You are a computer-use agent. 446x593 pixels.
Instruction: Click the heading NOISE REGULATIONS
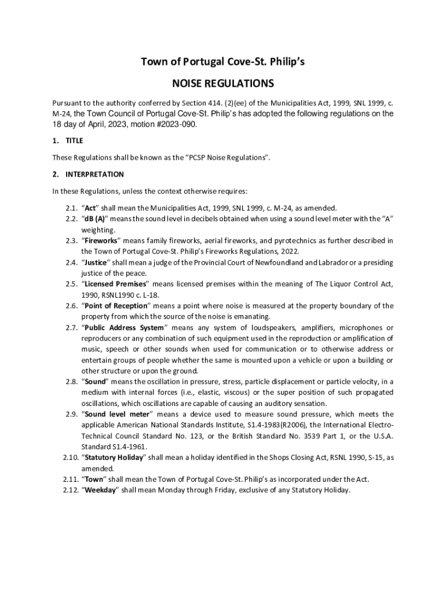point(222,84)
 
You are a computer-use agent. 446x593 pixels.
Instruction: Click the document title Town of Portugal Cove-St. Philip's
point(222,62)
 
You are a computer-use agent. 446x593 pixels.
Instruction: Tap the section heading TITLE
point(74,141)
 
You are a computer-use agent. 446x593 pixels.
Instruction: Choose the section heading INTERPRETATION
point(94,174)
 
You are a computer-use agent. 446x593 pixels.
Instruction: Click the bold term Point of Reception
point(116,306)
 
